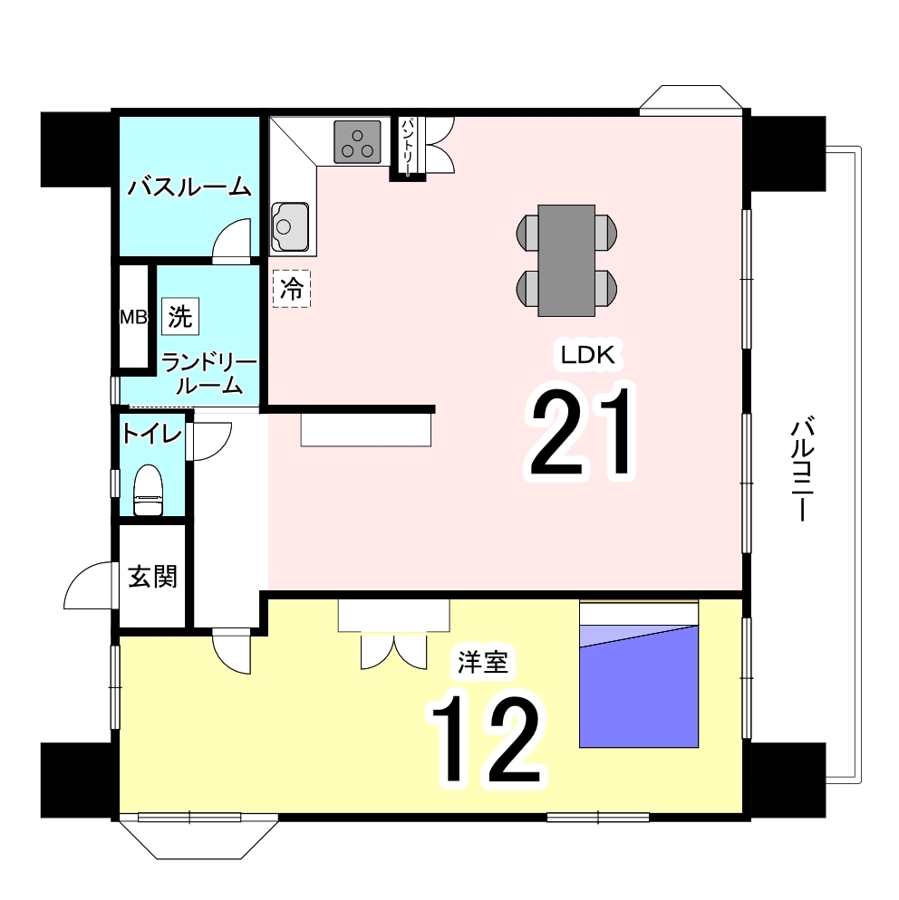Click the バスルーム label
(189, 187)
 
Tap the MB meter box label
(133, 317)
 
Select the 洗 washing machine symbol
(180, 316)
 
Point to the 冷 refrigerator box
(291, 289)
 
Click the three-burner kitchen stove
(357, 142)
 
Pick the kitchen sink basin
(290, 226)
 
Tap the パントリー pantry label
(407, 147)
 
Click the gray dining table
(566, 261)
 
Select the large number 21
(580, 432)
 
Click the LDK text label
(587, 355)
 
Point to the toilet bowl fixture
(149, 490)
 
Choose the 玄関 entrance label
(152, 576)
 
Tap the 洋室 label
(482, 663)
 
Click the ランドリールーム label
(208, 374)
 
